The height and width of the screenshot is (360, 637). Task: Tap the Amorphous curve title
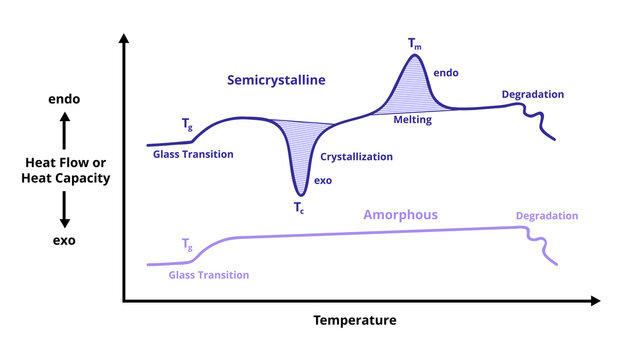point(400,215)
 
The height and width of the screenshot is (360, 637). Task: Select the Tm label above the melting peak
point(414,44)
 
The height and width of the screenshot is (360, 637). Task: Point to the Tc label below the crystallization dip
point(299,208)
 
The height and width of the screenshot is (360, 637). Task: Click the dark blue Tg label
point(187,125)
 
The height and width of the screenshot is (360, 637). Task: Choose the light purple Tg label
point(187,244)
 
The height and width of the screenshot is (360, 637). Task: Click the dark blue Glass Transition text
point(193,154)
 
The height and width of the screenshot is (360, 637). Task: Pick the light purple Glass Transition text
point(208,274)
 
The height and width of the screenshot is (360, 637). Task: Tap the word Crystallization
point(356,157)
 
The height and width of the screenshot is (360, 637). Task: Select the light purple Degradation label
point(547,215)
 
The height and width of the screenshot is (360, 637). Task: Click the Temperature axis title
point(355,320)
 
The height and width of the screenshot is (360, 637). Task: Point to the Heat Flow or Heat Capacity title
point(65,170)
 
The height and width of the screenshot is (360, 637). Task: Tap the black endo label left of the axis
point(64,100)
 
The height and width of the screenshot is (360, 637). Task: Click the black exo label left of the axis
point(64,240)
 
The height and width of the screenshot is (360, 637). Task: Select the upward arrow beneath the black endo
point(64,130)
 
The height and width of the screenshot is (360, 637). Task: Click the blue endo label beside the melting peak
point(446,73)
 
